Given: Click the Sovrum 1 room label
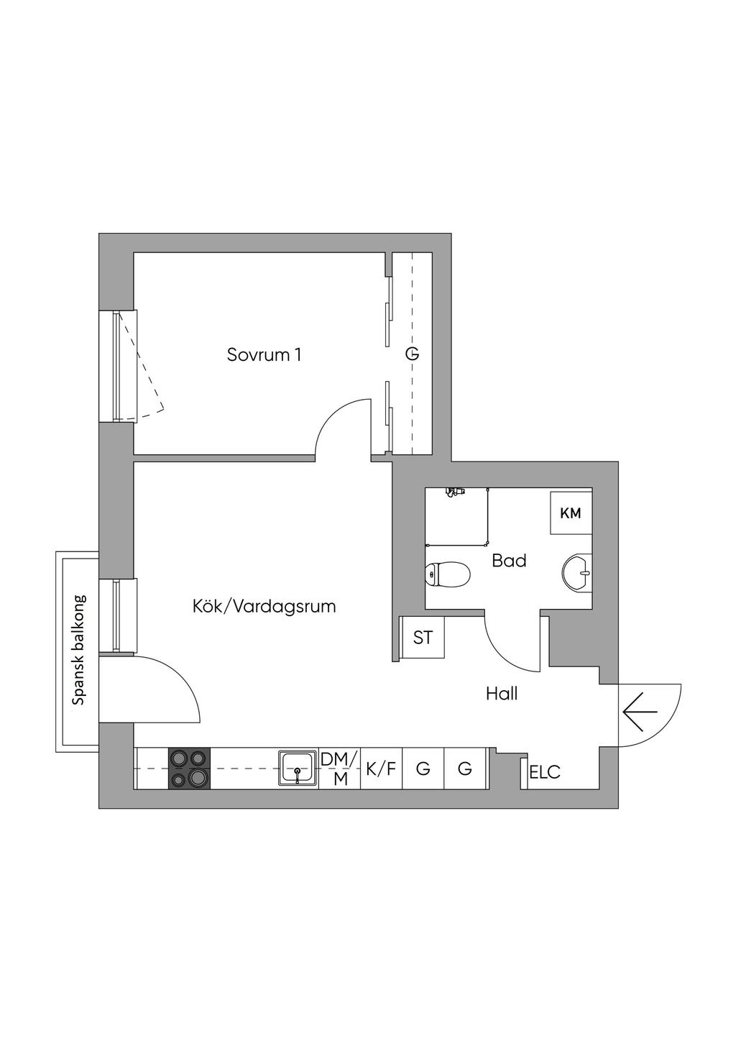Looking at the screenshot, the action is (x=264, y=354).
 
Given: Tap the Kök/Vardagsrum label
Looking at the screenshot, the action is (x=264, y=606).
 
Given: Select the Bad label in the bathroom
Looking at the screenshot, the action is (x=509, y=560).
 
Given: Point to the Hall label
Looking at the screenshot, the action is (x=502, y=694).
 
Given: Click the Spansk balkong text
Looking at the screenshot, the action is (x=79, y=649).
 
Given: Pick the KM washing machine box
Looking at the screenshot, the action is (x=571, y=513).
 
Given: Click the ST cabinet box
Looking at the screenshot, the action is (x=423, y=637).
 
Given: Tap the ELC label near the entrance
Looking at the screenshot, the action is (x=544, y=773).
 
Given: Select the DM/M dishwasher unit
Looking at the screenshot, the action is (x=339, y=769).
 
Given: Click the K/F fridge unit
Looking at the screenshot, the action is (x=381, y=769).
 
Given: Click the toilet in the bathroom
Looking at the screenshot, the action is (x=448, y=574).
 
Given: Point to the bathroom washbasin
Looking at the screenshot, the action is (x=577, y=573).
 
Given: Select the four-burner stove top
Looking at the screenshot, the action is (x=190, y=769).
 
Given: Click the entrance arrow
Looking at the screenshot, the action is (x=640, y=712).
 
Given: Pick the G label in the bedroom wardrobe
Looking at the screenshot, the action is (x=412, y=354).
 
